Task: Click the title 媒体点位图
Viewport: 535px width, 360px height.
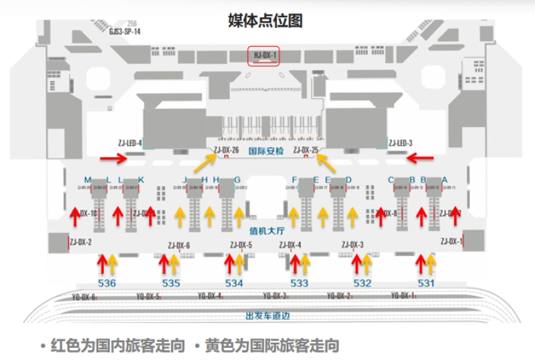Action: point(265,21)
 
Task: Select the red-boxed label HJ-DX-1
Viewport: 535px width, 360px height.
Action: point(265,56)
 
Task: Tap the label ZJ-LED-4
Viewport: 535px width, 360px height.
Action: point(130,143)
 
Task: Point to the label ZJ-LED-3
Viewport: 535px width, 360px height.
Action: point(401,143)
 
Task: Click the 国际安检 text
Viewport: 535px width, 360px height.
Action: point(265,151)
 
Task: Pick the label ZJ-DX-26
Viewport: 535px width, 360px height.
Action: point(226,150)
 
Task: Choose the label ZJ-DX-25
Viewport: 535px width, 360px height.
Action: point(305,150)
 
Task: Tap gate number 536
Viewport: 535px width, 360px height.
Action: point(106,283)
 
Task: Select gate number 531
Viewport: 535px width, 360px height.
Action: point(426,283)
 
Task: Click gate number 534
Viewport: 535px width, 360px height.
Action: point(234,283)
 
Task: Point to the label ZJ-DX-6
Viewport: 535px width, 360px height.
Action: point(179,246)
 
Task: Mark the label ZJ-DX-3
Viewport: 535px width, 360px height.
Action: point(352,245)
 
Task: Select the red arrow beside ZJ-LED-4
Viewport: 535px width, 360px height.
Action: point(112,159)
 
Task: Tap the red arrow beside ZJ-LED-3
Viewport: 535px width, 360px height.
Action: point(421,158)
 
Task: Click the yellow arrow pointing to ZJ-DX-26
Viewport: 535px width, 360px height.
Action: point(205,163)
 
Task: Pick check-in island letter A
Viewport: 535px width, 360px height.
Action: point(445,179)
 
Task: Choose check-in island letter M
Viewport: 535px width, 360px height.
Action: point(88,179)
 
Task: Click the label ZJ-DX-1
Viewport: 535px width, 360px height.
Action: point(451,241)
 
